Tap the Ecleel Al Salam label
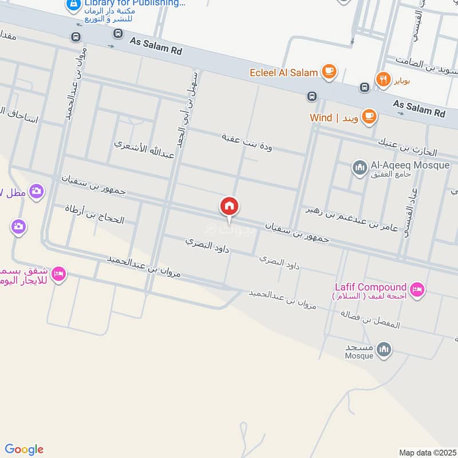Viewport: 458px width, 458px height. click(x=283, y=73)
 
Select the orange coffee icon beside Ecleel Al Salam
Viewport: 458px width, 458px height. click(x=329, y=72)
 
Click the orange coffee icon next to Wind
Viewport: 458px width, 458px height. click(x=369, y=117)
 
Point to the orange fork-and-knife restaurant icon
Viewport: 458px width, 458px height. click(x=381, y=78)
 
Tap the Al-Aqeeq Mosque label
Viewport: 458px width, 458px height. click(x=410, y=165)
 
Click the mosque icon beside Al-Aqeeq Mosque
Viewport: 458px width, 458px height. click(x=360, y=168)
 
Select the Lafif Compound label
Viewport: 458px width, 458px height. click(x=371, y=287)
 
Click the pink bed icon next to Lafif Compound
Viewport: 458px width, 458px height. click(x=417, y=290)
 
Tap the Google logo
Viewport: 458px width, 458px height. click(x=24, y=449)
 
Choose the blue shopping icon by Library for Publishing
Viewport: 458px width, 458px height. click(x=73, y=5)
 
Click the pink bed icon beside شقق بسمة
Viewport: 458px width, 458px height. click(x=58, y=275)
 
